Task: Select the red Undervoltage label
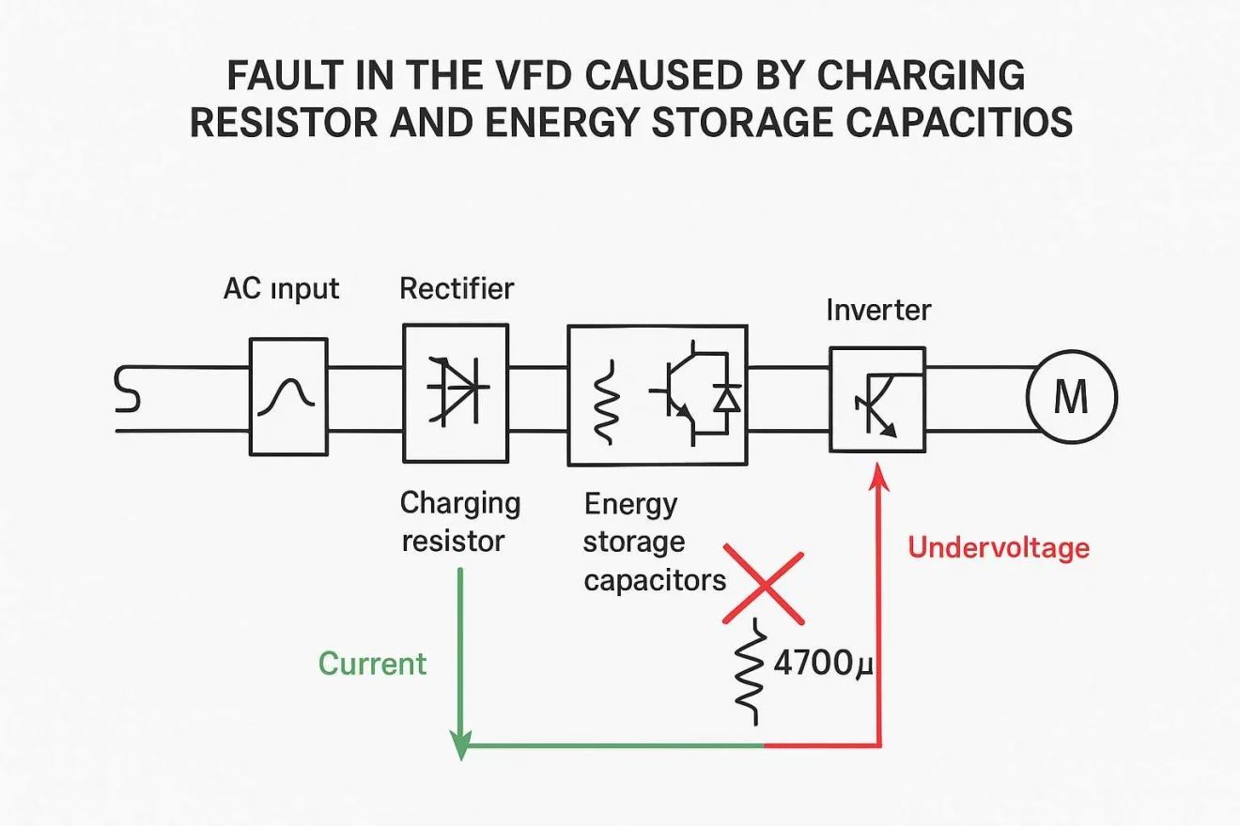999,547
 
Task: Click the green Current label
372,664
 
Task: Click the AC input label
281,289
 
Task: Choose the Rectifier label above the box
457,288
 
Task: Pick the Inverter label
878,310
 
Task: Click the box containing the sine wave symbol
288,396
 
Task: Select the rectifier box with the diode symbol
456,393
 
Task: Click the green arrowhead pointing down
460,743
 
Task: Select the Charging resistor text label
459,522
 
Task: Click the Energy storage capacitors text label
654,543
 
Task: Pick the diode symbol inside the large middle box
724,398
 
